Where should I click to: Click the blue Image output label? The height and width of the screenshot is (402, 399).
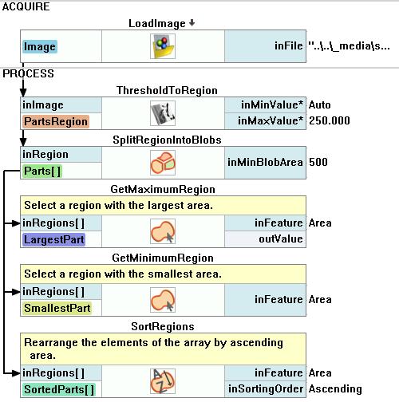(x=40, y=46)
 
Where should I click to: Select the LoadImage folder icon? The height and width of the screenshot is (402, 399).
(x=163, y=46)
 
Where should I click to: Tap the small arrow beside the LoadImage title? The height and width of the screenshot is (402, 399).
(x=192, y=23)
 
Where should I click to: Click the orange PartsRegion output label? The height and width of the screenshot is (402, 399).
(x=56, y=121)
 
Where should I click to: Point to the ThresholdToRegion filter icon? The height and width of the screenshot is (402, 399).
(x=163, y=113)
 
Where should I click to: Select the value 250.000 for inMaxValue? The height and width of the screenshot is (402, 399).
(x=330, y=121)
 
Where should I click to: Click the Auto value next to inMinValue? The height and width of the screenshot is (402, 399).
(x=320, y=105)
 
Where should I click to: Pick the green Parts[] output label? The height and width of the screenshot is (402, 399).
(x=42, y=171)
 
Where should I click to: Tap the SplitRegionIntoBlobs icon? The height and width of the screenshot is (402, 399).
(x=163, y=163)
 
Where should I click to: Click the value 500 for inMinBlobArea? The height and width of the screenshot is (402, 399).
(x=318, y=162)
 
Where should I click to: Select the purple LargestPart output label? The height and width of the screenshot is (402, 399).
(x=54, y=239)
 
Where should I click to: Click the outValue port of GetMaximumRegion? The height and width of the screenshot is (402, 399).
(x=281, y=239)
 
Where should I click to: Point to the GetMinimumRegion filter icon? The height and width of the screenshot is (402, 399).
(x=163, y=300)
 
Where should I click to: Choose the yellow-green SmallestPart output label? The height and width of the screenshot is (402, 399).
(x=57, y=308)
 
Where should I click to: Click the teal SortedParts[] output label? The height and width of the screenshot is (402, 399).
(x=59, y=389)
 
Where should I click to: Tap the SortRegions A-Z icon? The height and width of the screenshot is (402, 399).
(x=163, y=381)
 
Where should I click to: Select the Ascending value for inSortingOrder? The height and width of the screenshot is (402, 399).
(x=335, y=389)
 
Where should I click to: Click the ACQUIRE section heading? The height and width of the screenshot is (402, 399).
(x=26, y=6)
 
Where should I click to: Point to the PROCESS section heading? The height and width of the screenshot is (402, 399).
(x=28, y=73)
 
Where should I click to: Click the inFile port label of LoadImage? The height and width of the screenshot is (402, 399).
(x=289, y=46)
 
